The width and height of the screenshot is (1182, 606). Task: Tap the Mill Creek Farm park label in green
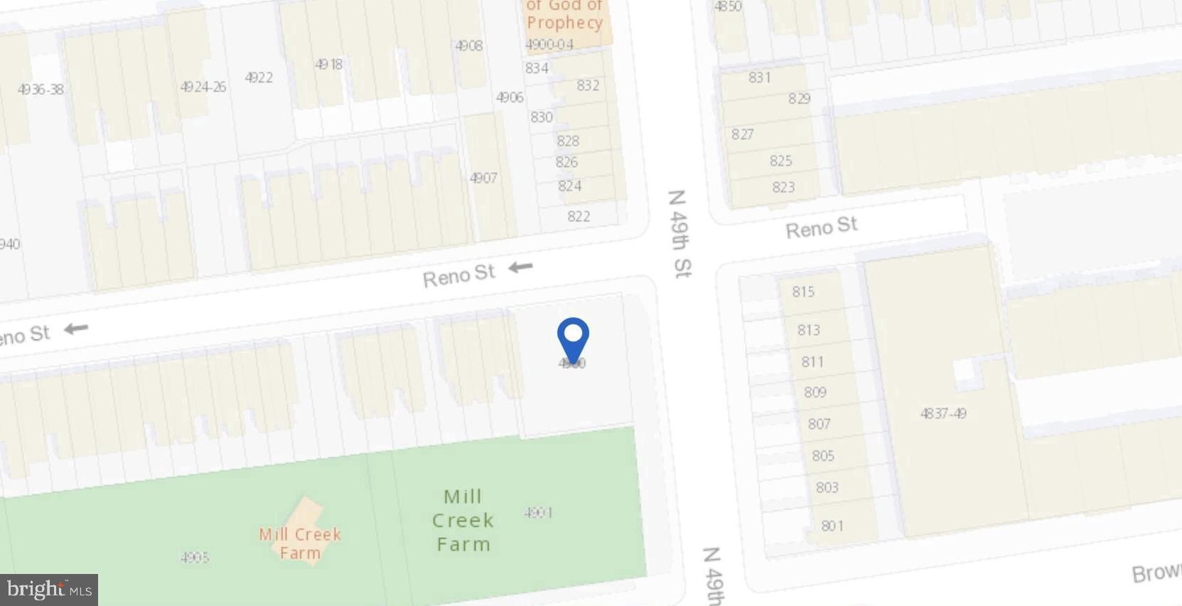[x=463, y=520]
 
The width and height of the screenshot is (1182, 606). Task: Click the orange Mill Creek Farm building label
[x=300, y=543]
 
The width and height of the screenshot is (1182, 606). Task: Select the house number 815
[x=803, y=292]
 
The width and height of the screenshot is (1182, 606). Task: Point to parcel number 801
[x=832, y=526]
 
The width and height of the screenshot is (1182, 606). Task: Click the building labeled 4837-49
[x=943, y=413]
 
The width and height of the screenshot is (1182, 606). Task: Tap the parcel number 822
[x=579, y=216]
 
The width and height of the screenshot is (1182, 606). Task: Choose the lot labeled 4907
[x=483, y=178]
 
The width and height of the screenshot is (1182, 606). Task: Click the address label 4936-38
[x=41, y=90]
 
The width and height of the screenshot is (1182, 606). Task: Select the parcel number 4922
[x=259, y=78]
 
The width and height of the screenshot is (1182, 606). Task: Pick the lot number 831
[x=760, y=78]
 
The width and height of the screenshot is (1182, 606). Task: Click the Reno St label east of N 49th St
[x=821, y=228]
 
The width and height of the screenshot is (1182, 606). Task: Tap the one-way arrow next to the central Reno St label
[x=521, y=267]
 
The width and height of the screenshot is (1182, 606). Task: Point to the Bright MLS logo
[x=49, y=590]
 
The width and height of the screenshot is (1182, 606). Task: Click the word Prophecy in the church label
[x=564, y=23]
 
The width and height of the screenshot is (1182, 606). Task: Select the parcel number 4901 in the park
[x=538, y=512]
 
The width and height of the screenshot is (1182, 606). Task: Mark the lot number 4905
[x=195, y=557]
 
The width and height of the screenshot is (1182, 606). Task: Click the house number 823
[x=783, y=187]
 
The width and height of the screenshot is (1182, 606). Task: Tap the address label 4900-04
[x=549, y=44]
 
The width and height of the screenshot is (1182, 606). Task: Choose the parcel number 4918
[x=328, y=64]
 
